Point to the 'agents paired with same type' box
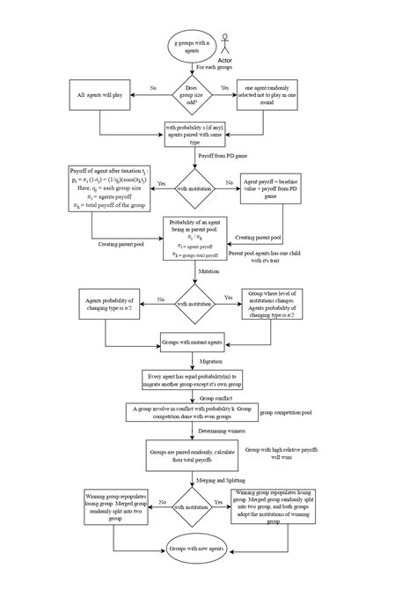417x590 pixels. pos(191,133)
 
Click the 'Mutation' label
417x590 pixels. pos(209,272)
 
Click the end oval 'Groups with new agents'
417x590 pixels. pos(191,548)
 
